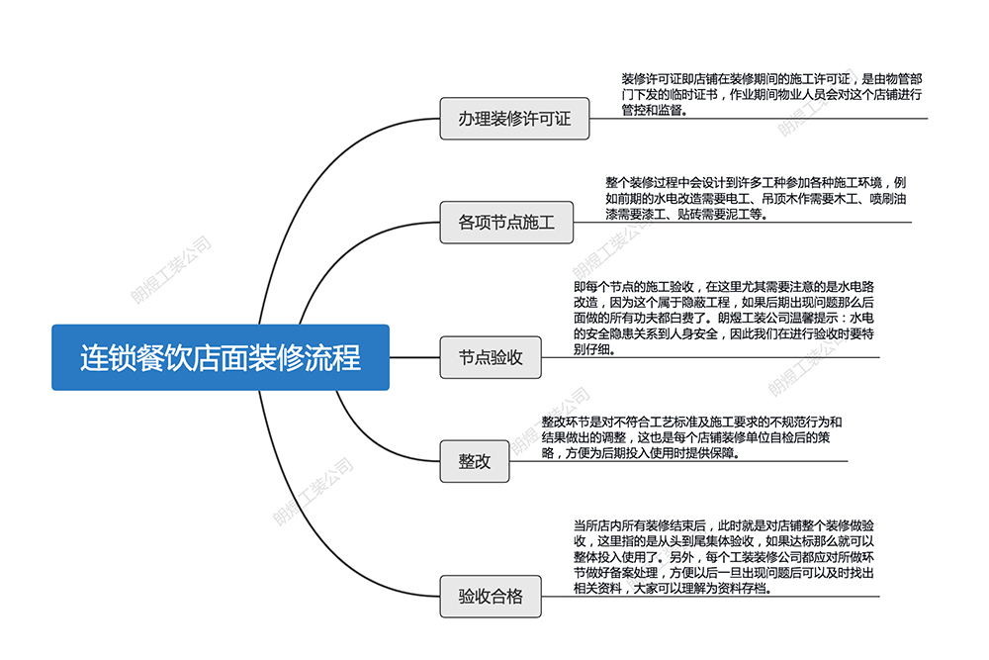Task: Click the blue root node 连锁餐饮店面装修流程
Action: click(x=221, y=357)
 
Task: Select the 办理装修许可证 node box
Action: click(x=514, y=119)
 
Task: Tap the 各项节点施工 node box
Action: click(x=506, y=223)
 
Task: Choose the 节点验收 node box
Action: click(x=491, y=357)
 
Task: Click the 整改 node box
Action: click(x=474, y=461)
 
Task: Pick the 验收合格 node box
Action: click(x=491, y=597)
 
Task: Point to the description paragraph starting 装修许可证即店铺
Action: click(x=771, y=95)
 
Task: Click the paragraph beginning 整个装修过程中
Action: click(x=756, y=198)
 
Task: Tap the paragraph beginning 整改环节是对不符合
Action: click(x=691, y=436)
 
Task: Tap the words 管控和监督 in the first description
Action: click(x=653, y=111)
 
